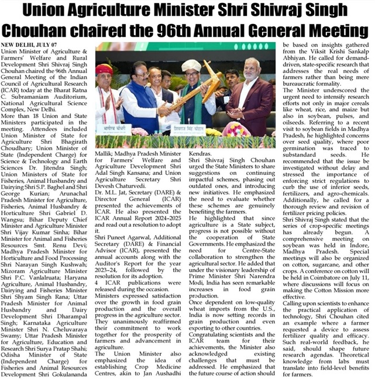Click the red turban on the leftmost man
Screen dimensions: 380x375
coord(105,69)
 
